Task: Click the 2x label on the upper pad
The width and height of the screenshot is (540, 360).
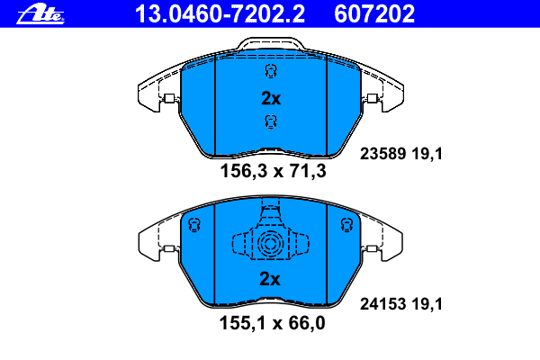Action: (270, 98)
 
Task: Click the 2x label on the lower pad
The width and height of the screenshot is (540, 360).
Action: (270, 279)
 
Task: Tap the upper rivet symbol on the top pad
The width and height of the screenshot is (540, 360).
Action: (269, 73)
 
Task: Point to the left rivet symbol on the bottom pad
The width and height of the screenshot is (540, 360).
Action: (193, 225)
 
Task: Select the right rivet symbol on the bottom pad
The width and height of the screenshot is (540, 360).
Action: (344, 225)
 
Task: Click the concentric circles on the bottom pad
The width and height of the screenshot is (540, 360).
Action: (268, 244)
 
